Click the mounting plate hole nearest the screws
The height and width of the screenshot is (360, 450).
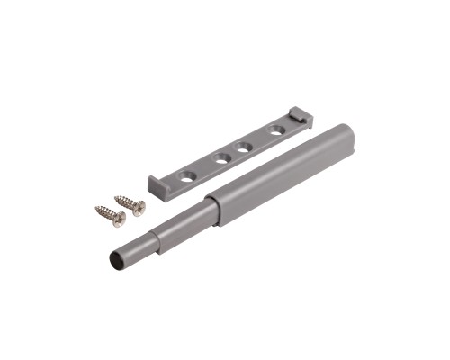pos(186,177)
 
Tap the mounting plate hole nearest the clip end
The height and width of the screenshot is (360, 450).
pos(278,130)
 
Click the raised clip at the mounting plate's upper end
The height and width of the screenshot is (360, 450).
pos(298,115)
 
